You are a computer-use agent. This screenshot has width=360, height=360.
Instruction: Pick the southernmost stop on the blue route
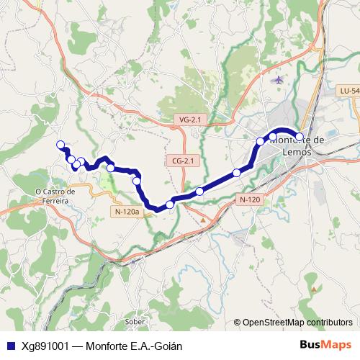(x=170, y=205)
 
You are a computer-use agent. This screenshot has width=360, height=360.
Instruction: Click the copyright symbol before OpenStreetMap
(x=237, y=323)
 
